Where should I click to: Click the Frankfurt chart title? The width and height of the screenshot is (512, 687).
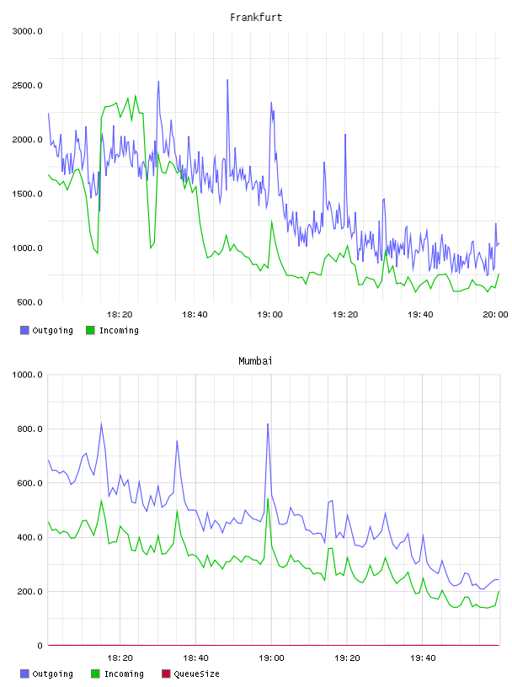pyautogui.click(x=256, y=18)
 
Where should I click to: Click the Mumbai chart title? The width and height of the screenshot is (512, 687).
pyautogui.click(x=255, y=361)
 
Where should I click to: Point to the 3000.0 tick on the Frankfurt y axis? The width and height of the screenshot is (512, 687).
pyautogui.click(x=27, y=31)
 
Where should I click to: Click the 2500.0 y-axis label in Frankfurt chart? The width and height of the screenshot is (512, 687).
pyautogui.click(x=27, y=85)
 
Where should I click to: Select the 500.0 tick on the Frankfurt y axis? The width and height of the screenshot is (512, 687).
pyautogui.click(x=29, y=302)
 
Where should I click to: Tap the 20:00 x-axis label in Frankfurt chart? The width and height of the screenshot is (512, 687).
pyautogui.click(x=495, y=314)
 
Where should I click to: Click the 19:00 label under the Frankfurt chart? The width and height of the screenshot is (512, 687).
pyautogui.click(x=269, y=314)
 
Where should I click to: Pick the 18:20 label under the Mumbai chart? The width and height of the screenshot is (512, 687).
pyautogui.click(x=120, y=658)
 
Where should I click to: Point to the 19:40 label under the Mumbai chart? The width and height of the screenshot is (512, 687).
pyautogui.click(x=423, y=658)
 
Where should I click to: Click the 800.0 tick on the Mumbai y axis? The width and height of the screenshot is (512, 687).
pyautogui.click(x=29, y=429)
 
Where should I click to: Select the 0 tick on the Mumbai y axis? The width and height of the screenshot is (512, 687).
pyautogui.click(x=40, y=646)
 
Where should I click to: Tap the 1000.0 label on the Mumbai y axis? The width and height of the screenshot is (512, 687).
pyautogui.click(x=27, y=375)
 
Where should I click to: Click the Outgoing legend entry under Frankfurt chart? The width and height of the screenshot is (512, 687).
pyautogui.click(x=46, y=330)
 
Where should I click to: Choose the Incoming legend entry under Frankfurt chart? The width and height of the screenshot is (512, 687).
pyautogui.click(x=112, y=330)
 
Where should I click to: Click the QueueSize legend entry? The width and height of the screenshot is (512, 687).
pyautogui.click(x=190, y=674)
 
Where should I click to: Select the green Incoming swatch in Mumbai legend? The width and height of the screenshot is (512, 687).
pyautogui.click(x=95, y=674)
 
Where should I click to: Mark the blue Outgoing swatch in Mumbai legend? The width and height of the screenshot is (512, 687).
pyautogui.click(x=24, y=674)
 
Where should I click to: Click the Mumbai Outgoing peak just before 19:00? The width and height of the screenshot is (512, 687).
pyautogui.click(x=268, y=423)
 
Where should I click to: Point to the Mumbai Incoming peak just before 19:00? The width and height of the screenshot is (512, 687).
pyautogui.click(x=268, y=498)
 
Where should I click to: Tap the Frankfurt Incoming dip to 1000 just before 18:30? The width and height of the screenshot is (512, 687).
pyautogui.click(x=151, y=248)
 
